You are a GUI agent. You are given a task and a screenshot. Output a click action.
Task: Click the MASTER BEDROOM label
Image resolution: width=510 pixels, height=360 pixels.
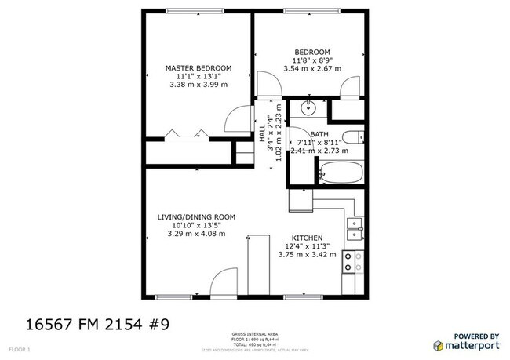point(199,69)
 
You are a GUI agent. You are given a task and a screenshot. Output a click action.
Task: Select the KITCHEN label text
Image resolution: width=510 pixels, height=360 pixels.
point(308,237)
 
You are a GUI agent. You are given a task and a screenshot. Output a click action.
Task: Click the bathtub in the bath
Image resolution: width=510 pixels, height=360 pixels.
point(341,172)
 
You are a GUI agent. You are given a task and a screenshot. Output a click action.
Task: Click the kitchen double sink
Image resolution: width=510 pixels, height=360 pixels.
point(354,228)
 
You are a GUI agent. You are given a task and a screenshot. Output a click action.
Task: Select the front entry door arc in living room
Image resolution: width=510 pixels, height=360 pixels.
point(224,281)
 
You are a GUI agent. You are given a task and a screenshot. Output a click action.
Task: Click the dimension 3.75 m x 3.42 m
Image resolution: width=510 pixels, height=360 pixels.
point(308,255)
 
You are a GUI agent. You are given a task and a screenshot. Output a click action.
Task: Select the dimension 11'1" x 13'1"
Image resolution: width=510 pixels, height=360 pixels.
point(199,78)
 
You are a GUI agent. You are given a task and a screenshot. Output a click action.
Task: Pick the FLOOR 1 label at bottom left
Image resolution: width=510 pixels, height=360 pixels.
point(19,347)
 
